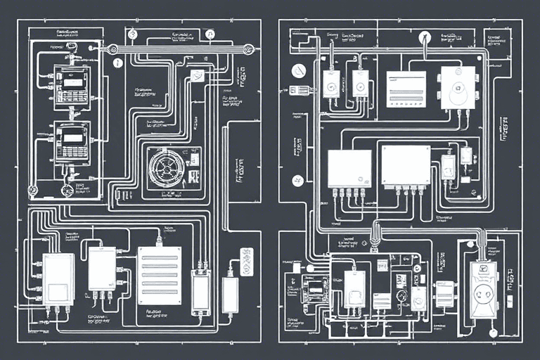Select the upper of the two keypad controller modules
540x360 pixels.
click(72, 88)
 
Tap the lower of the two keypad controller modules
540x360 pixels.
click(72, 142)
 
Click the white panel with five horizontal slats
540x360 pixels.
click(159, 275)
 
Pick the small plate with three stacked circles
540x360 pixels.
click(245, 262)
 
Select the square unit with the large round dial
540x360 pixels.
click(458, 87)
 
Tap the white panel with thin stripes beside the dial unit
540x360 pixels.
click(406, 89)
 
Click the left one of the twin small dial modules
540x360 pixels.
click(330, 84)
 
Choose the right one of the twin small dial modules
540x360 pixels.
click(361, 84)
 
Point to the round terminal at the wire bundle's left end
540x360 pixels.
click(112, 49)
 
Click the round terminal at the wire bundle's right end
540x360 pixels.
click(247, 49)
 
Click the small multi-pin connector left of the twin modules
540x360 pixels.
click(300, 90)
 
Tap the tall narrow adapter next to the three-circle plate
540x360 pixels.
click(230, 294)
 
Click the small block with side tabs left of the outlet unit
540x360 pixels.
click(444, 294)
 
